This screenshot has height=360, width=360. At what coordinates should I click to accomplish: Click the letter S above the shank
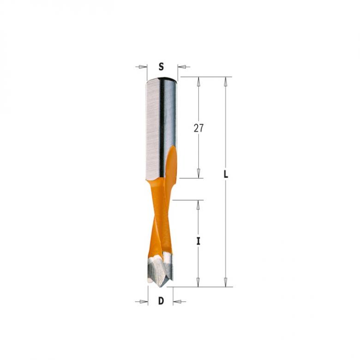point(161,66)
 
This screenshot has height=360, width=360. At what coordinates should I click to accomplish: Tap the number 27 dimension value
point(198,128)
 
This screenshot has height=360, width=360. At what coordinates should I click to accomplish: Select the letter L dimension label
point(225,175)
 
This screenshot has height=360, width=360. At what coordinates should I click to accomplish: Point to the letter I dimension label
point(198,240)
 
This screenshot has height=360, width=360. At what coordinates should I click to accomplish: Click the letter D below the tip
point(161,301)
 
